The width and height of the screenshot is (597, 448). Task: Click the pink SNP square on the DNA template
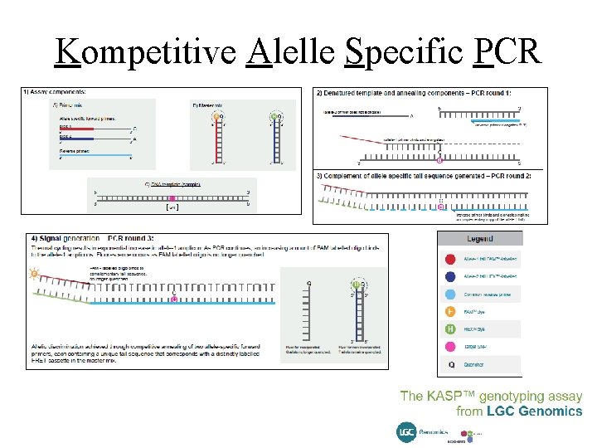172,199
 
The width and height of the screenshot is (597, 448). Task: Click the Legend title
479,239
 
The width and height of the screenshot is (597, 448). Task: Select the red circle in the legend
449,260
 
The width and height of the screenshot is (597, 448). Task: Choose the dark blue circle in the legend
449,276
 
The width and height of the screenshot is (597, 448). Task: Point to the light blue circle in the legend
449,294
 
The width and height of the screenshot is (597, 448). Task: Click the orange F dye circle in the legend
449,311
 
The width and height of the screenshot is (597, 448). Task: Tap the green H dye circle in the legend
449,329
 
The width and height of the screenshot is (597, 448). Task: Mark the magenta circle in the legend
449,346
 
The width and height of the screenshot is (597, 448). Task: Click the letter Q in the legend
449,363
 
